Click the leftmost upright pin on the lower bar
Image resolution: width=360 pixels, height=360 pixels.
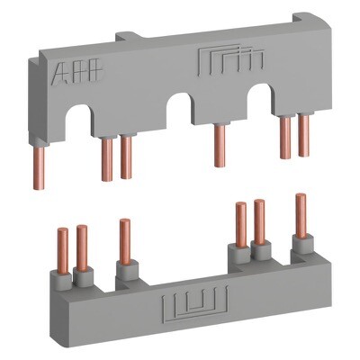pos(62,248)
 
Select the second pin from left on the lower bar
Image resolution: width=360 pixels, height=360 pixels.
pos(83,247)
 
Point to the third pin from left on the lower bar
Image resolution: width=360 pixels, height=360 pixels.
pos(124,238)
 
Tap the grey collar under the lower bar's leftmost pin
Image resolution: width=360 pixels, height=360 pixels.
pos(63,274)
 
